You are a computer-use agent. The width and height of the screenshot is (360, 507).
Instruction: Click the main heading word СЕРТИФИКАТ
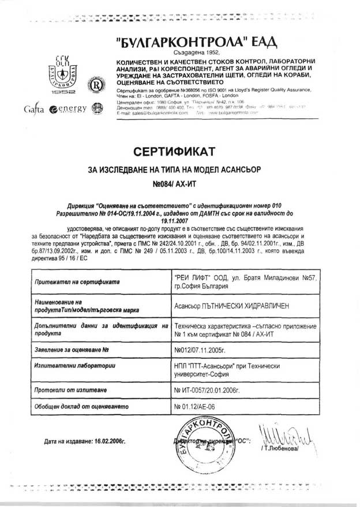[174, 152]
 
